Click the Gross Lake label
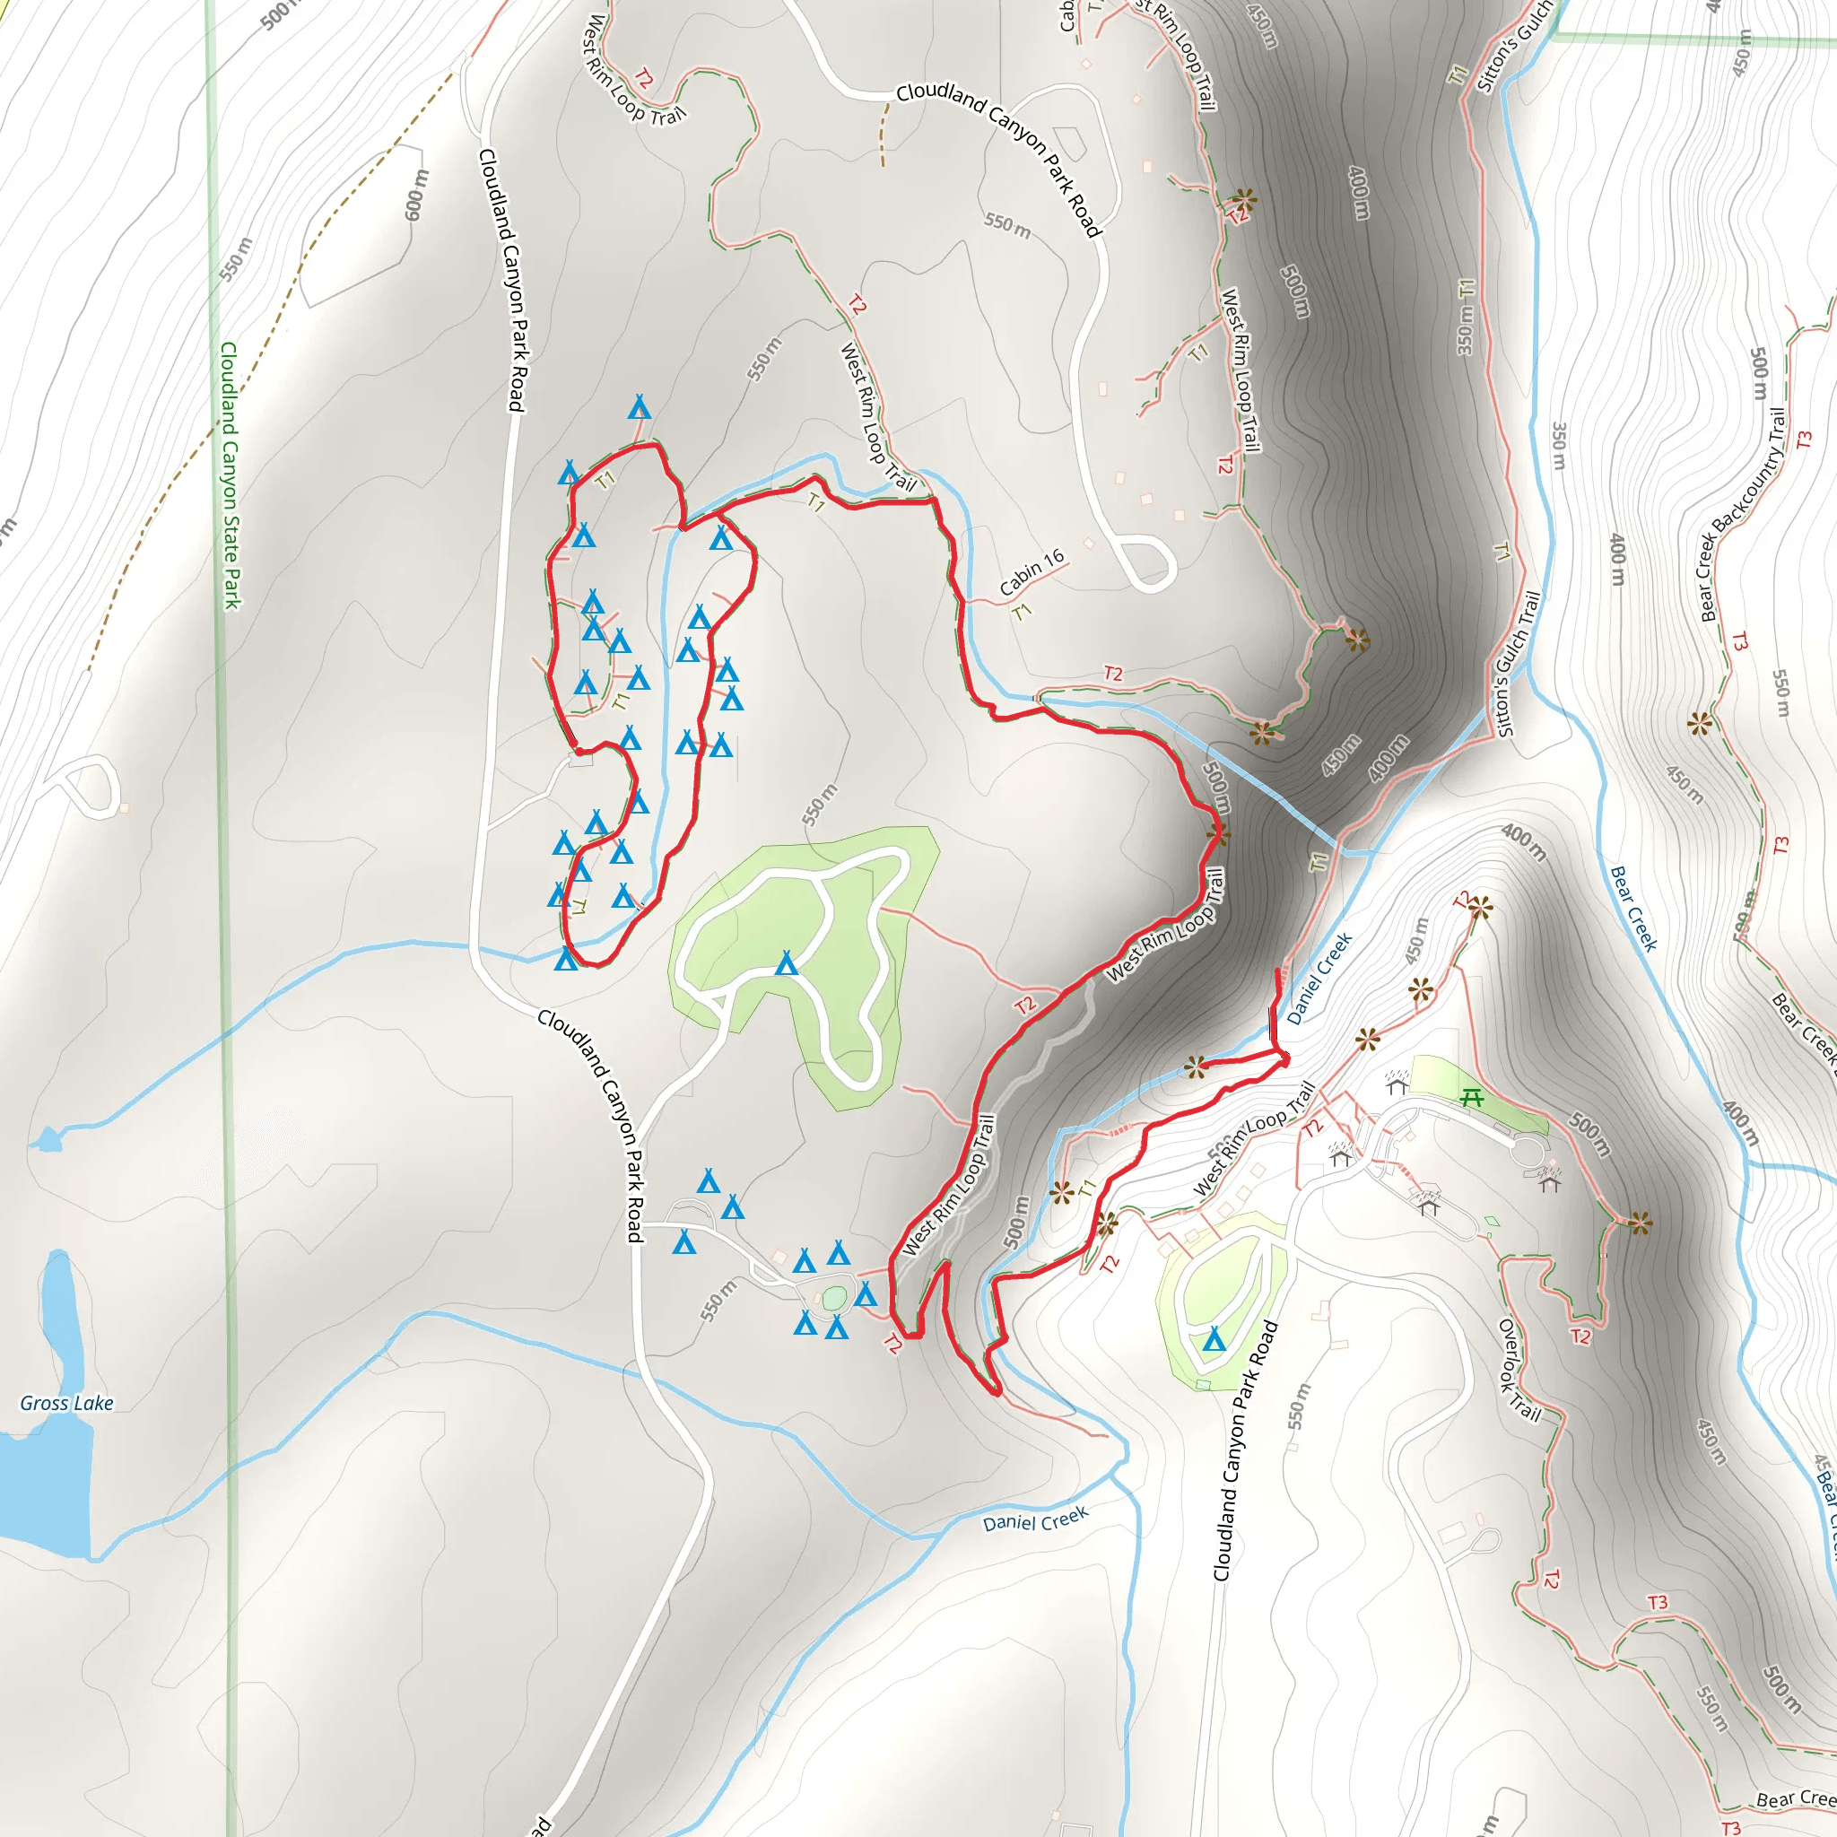(x=66, y=1404)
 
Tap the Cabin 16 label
(x=1032, y=572)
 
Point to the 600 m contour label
(x=416, y=195)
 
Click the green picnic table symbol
(x=1472, y=1098)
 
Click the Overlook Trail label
(x=1519, y=1368)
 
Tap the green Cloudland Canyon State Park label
(x=231, y=475)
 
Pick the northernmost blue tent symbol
(x=639, y=409)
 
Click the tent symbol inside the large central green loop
(x=787, y=964)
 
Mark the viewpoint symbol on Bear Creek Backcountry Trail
(x=1699, y=725)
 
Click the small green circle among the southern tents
(x=834, y=1298)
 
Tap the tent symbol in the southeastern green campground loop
(x=1214, y=1341)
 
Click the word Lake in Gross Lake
(x=93, y=1404)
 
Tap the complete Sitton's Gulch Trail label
(x=1518, y=664)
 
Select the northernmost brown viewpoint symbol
(x=1244, y=201)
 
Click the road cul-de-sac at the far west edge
(x=91, y=786)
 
